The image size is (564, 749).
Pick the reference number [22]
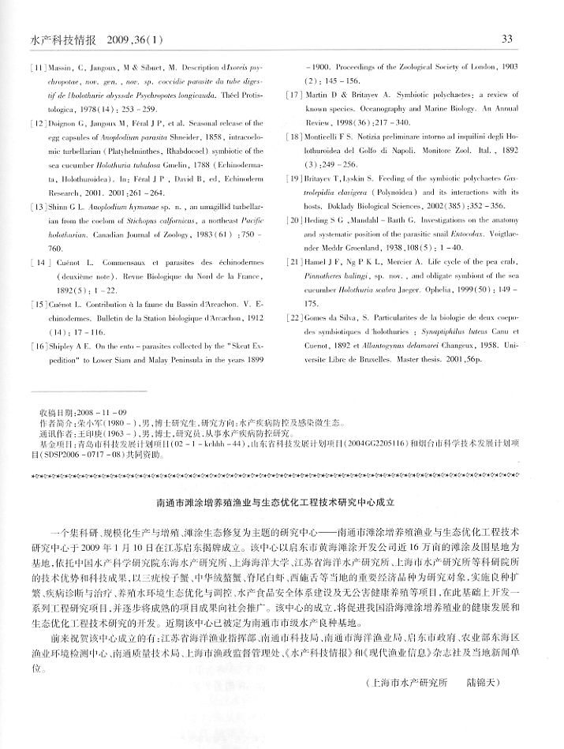tap(294, 294)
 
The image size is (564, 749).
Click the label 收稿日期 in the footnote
tap(54, 413)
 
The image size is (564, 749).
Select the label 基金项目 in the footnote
tap(54, 444)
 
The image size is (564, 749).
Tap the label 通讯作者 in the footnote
tap(54, 433)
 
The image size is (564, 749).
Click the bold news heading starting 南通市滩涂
tap(282, 500)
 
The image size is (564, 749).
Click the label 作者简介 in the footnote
tap(54, 423)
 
